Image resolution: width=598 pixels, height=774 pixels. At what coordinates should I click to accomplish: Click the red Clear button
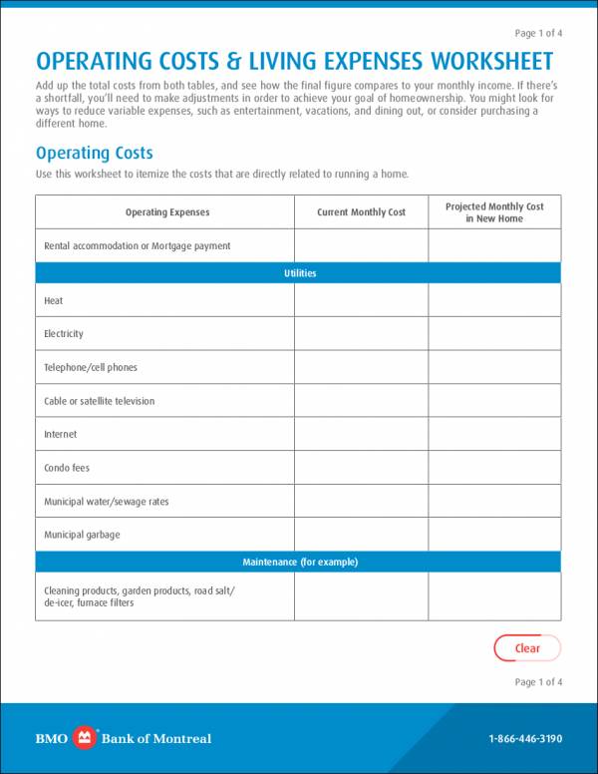coord(527,648)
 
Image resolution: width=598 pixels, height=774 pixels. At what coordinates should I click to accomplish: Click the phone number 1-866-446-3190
coord(525,739)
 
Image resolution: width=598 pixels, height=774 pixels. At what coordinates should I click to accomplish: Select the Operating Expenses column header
coord(166,212)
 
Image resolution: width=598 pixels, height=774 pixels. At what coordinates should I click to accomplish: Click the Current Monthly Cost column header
coord(361,212)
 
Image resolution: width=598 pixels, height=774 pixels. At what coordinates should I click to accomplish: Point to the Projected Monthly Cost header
coord(494,212)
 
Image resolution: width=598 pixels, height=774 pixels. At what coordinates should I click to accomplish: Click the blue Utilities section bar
coord(299,273)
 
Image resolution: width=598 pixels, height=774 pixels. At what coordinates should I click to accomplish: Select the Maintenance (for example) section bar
coord(299,563)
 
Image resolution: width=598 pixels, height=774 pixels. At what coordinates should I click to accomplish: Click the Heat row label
coord(54,300)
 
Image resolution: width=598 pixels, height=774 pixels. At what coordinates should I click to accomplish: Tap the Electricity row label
coord(64,334)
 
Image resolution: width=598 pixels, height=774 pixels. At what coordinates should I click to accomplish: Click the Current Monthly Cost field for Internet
coord(361,435)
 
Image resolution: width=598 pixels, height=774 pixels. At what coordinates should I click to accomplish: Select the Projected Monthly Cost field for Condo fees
coord(494,468)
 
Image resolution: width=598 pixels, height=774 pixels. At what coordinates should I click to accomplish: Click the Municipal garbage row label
coord(82,536)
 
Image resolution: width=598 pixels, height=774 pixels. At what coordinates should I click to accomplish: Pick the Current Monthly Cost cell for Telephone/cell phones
coord(361,367)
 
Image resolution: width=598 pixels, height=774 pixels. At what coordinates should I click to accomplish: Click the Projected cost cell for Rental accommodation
coord(494,245)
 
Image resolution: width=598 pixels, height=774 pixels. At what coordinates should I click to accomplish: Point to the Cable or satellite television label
coord(100,401)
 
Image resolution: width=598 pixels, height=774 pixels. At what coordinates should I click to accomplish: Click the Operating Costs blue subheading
coord(95,154)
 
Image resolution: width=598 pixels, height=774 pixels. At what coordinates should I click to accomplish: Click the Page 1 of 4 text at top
coord(538,33)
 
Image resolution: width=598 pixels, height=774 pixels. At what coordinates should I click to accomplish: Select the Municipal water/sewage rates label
coord(107,502)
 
